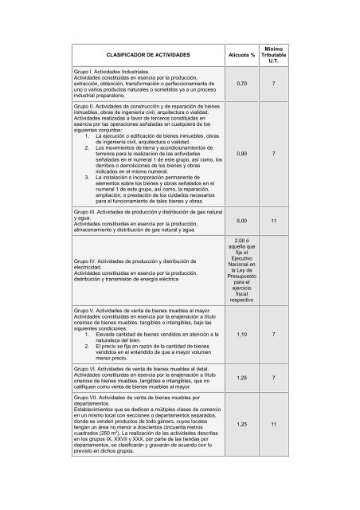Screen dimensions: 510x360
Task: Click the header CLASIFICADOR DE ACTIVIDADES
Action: (140, 54)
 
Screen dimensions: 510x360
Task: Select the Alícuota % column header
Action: (241, 54)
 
